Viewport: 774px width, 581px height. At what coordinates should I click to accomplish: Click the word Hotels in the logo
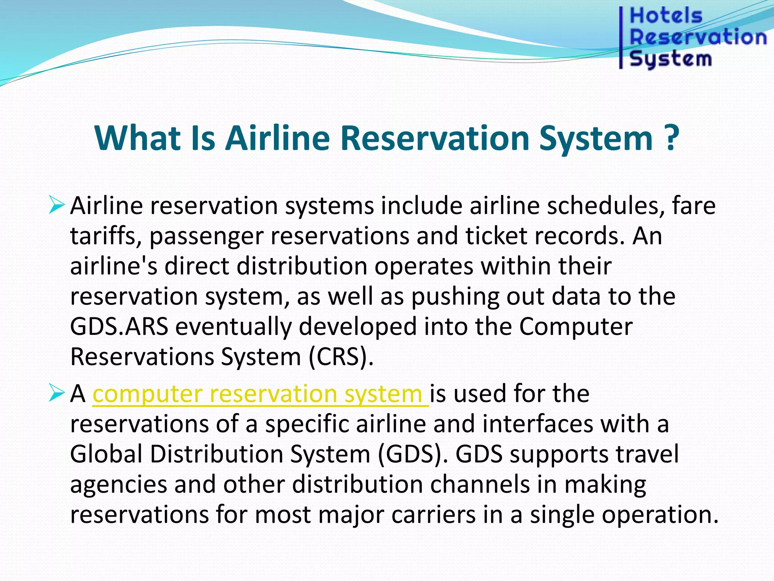click(x=666, y=16)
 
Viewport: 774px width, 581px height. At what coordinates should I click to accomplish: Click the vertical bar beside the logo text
click(x=621, y=38)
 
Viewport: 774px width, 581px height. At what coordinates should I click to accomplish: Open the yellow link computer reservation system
click(x=260, y=394)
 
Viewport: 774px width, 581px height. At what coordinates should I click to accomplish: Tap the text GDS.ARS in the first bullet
click(x=119, y=327)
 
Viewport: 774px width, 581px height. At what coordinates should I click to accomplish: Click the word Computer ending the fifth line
click(x=575, y=327)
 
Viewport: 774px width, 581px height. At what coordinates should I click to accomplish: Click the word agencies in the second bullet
click(x=118, y=485)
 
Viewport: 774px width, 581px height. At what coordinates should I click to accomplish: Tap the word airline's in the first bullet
click(x=113, y=266)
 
